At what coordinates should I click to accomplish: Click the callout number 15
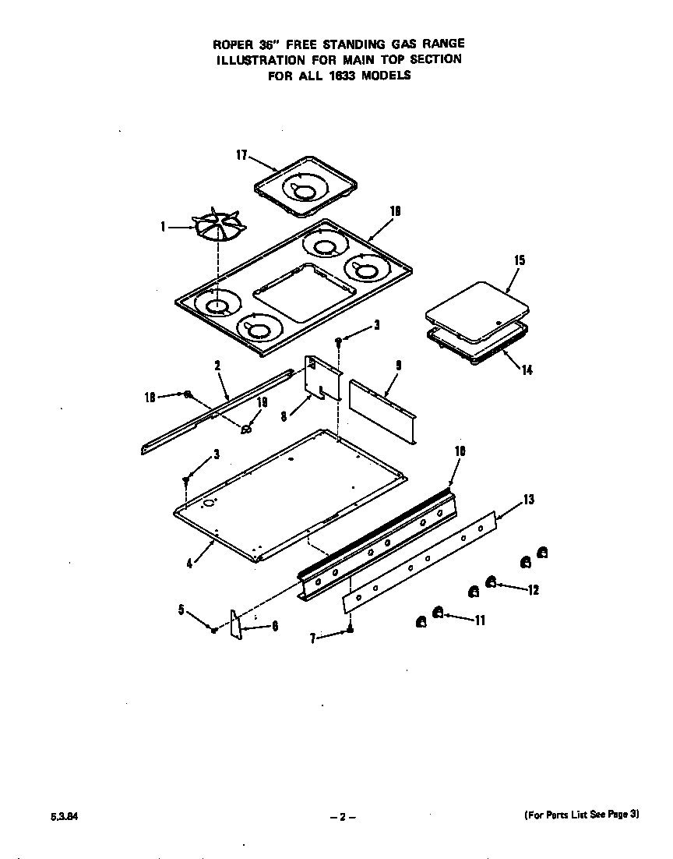[x=520, y=260]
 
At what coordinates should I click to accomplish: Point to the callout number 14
[x=527, y=369]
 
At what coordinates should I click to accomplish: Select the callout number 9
[x=398, y=365]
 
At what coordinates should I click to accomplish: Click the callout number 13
[x=528, y=500]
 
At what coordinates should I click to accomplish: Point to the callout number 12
[x=533, y=589]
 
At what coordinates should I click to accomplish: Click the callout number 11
[x=480, y=620]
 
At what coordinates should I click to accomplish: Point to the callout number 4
[x=189, y=563]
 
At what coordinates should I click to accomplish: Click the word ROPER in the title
[x=229, y=44]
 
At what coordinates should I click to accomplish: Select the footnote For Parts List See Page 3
[x=580, y=814]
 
